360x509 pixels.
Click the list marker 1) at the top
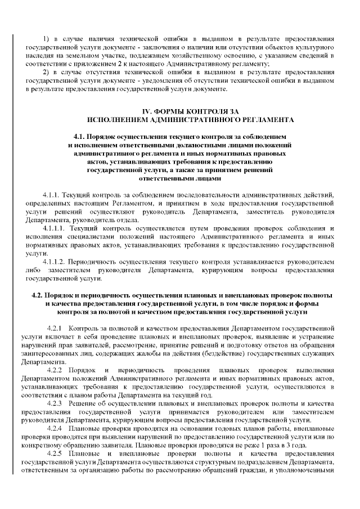(47, 39)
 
